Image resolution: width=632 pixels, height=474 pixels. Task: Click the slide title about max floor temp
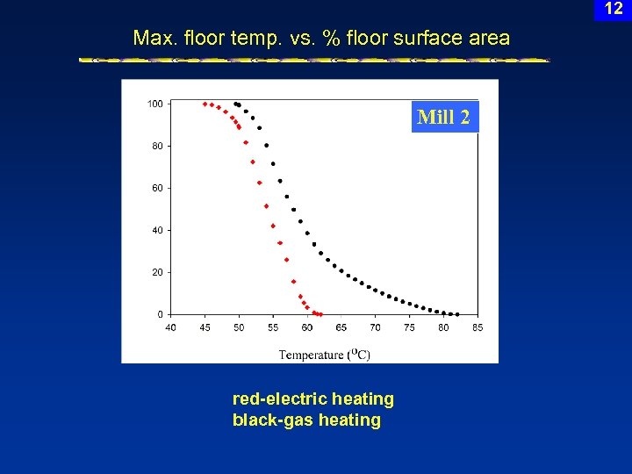[320, 38]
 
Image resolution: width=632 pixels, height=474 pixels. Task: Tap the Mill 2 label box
[444, 117]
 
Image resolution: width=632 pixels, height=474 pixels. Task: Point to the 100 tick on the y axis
[154, 104]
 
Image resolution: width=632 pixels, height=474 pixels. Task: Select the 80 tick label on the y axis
[156, 146]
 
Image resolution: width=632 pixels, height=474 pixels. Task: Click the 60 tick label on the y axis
[156, 188]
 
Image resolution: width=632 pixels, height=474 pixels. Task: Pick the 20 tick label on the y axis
[156, 272]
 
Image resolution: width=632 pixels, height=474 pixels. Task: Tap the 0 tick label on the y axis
[160, 314]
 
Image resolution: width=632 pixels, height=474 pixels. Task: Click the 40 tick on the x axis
[170, 327]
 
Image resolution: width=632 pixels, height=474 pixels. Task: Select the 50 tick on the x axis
[239, 327]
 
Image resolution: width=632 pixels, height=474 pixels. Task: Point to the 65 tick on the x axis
[341, 327]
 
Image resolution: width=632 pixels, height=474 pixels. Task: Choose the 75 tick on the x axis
[409, 327]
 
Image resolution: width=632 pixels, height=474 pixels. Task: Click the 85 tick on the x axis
[477, 327]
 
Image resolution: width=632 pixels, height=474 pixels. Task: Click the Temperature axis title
[324, 355]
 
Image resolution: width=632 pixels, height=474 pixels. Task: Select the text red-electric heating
[312, 399]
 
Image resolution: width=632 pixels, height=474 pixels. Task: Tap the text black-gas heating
[306, 420]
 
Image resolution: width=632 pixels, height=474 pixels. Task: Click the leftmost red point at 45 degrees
[205, 104]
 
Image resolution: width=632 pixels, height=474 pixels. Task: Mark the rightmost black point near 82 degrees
[456, 313]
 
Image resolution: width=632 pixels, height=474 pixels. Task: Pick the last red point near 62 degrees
[320, 313]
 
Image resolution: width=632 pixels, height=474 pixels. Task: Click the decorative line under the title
[314, 61]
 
